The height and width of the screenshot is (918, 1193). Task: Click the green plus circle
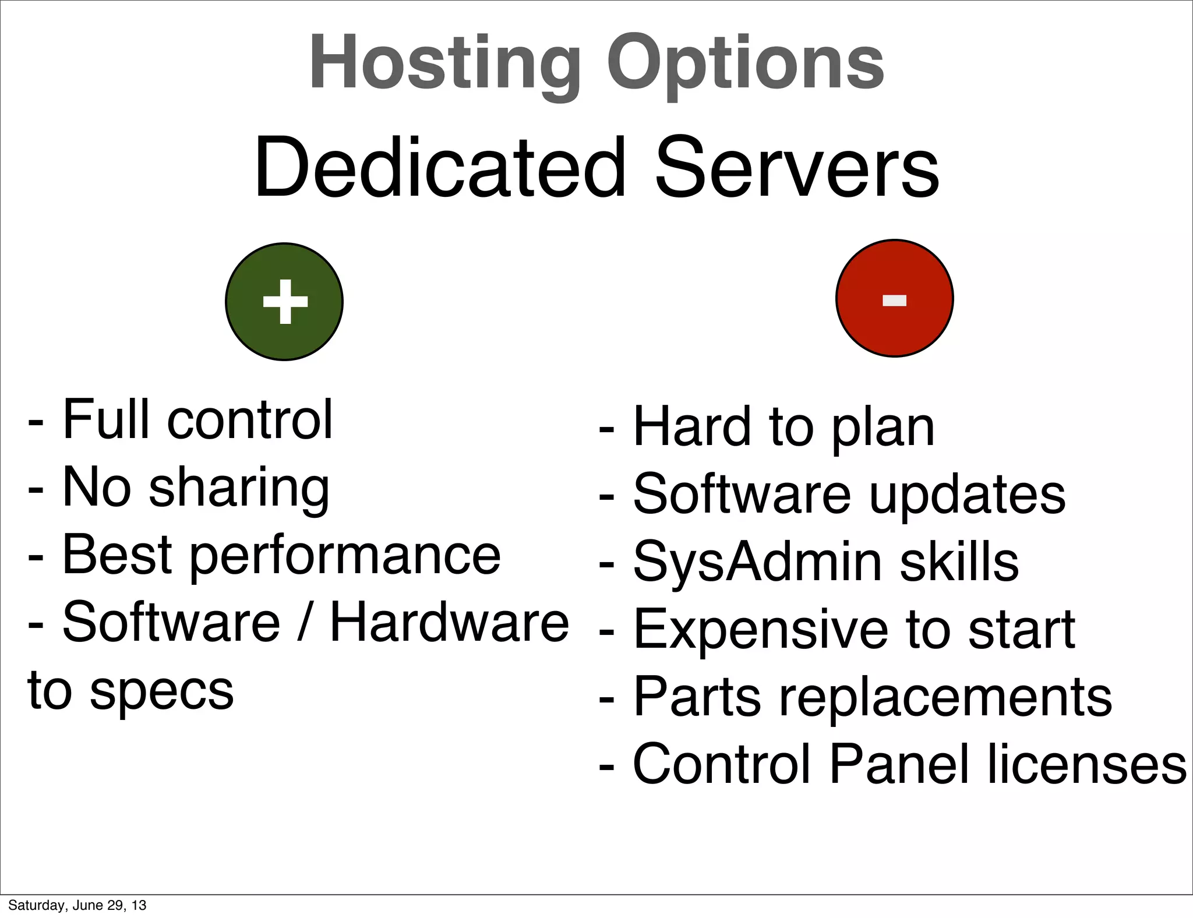[284, 302]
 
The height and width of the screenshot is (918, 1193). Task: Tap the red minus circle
[895, 298]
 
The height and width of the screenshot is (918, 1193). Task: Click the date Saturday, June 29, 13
[77, 905]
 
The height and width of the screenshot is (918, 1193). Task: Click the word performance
[345, 557]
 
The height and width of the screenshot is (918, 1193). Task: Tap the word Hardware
[449, 623]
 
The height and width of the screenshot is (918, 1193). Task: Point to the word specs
[161, 691]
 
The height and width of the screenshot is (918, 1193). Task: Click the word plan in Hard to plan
[883, 429]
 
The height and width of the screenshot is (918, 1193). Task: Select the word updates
[968, 495]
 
